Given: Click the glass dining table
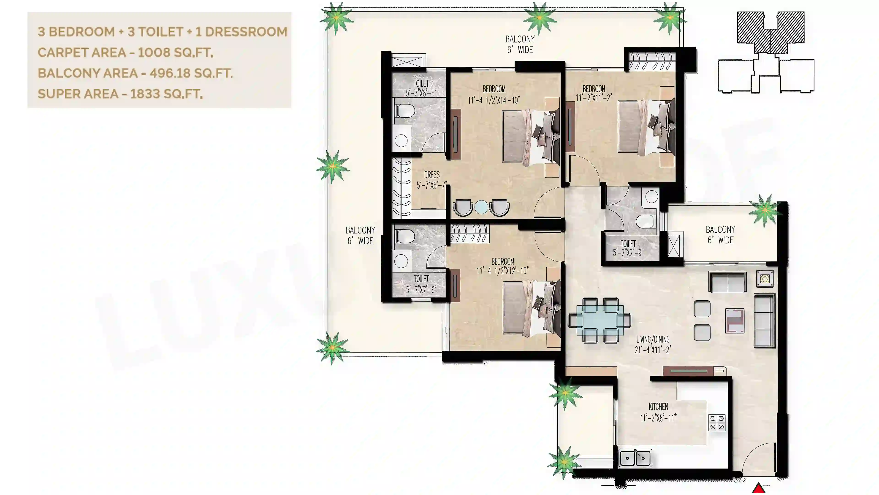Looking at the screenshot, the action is point(599,320).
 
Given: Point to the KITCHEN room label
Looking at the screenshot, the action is point(658,407).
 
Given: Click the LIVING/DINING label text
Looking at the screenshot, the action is point(653,339).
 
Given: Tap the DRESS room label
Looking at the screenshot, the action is point(432,175).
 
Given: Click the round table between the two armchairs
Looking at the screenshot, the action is point(481,207).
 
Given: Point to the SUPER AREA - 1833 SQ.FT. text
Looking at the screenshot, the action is point(120,93).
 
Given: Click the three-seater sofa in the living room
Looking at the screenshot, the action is point(764,321).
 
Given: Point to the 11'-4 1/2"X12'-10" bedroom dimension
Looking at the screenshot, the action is point(503,271).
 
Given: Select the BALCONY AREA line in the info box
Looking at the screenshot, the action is point(135,73).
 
